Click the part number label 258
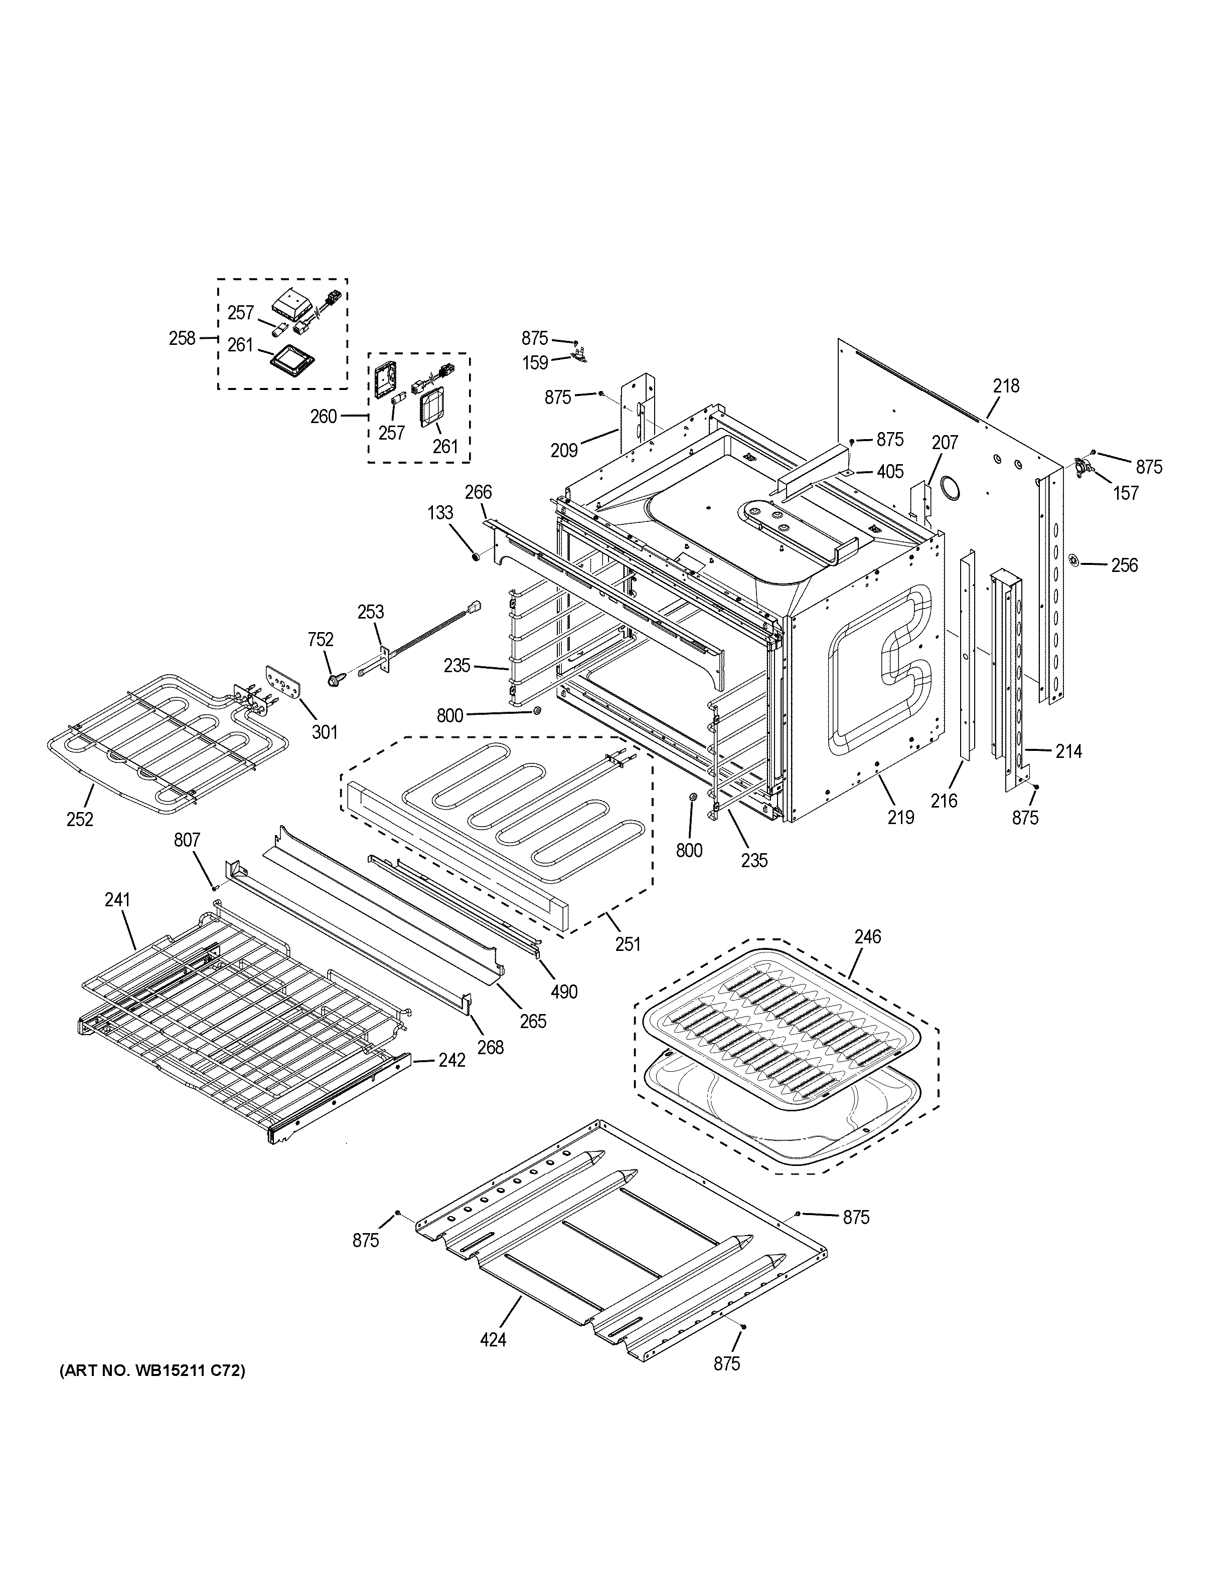point(182,338)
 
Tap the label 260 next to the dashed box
point(324,416)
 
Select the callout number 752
point(320,640)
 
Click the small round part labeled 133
point(475,557)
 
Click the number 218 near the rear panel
point(1006,386)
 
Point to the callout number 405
point(890,472)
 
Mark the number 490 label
point(564,991)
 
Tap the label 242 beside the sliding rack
point(451,1061)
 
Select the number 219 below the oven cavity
point(900,817)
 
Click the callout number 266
point(478,492)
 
